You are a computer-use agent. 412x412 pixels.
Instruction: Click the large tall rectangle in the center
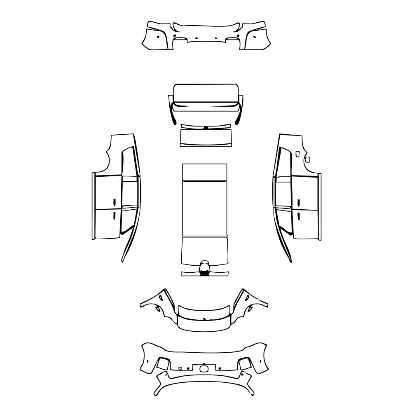tap(204, 208)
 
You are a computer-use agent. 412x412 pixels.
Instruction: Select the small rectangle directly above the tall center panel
tap(204, 172)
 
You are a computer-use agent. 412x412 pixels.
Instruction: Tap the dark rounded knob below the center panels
tap(204, 268)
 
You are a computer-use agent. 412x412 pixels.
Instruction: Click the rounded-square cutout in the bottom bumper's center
tap(204, 369)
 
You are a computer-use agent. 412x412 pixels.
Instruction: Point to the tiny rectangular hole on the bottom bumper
tap(180, 367)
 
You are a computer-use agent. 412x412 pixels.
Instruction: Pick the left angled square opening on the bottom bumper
tap(163, 363)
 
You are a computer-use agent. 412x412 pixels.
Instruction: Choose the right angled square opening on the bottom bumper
tap(245, 363)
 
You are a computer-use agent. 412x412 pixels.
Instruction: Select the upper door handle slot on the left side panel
tap(114, 202)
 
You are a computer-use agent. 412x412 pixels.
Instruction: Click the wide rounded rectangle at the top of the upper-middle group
tap(206, 93)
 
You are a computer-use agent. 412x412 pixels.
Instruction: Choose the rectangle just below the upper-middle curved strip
tap(206, 138)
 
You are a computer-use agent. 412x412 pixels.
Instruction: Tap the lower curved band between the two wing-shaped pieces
tap(204, 323)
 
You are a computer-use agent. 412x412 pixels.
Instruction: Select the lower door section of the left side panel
tap(108, 223)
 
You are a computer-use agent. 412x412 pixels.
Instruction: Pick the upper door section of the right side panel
tap(304, 193)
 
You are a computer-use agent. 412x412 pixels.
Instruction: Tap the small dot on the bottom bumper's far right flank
tap(261, 360)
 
